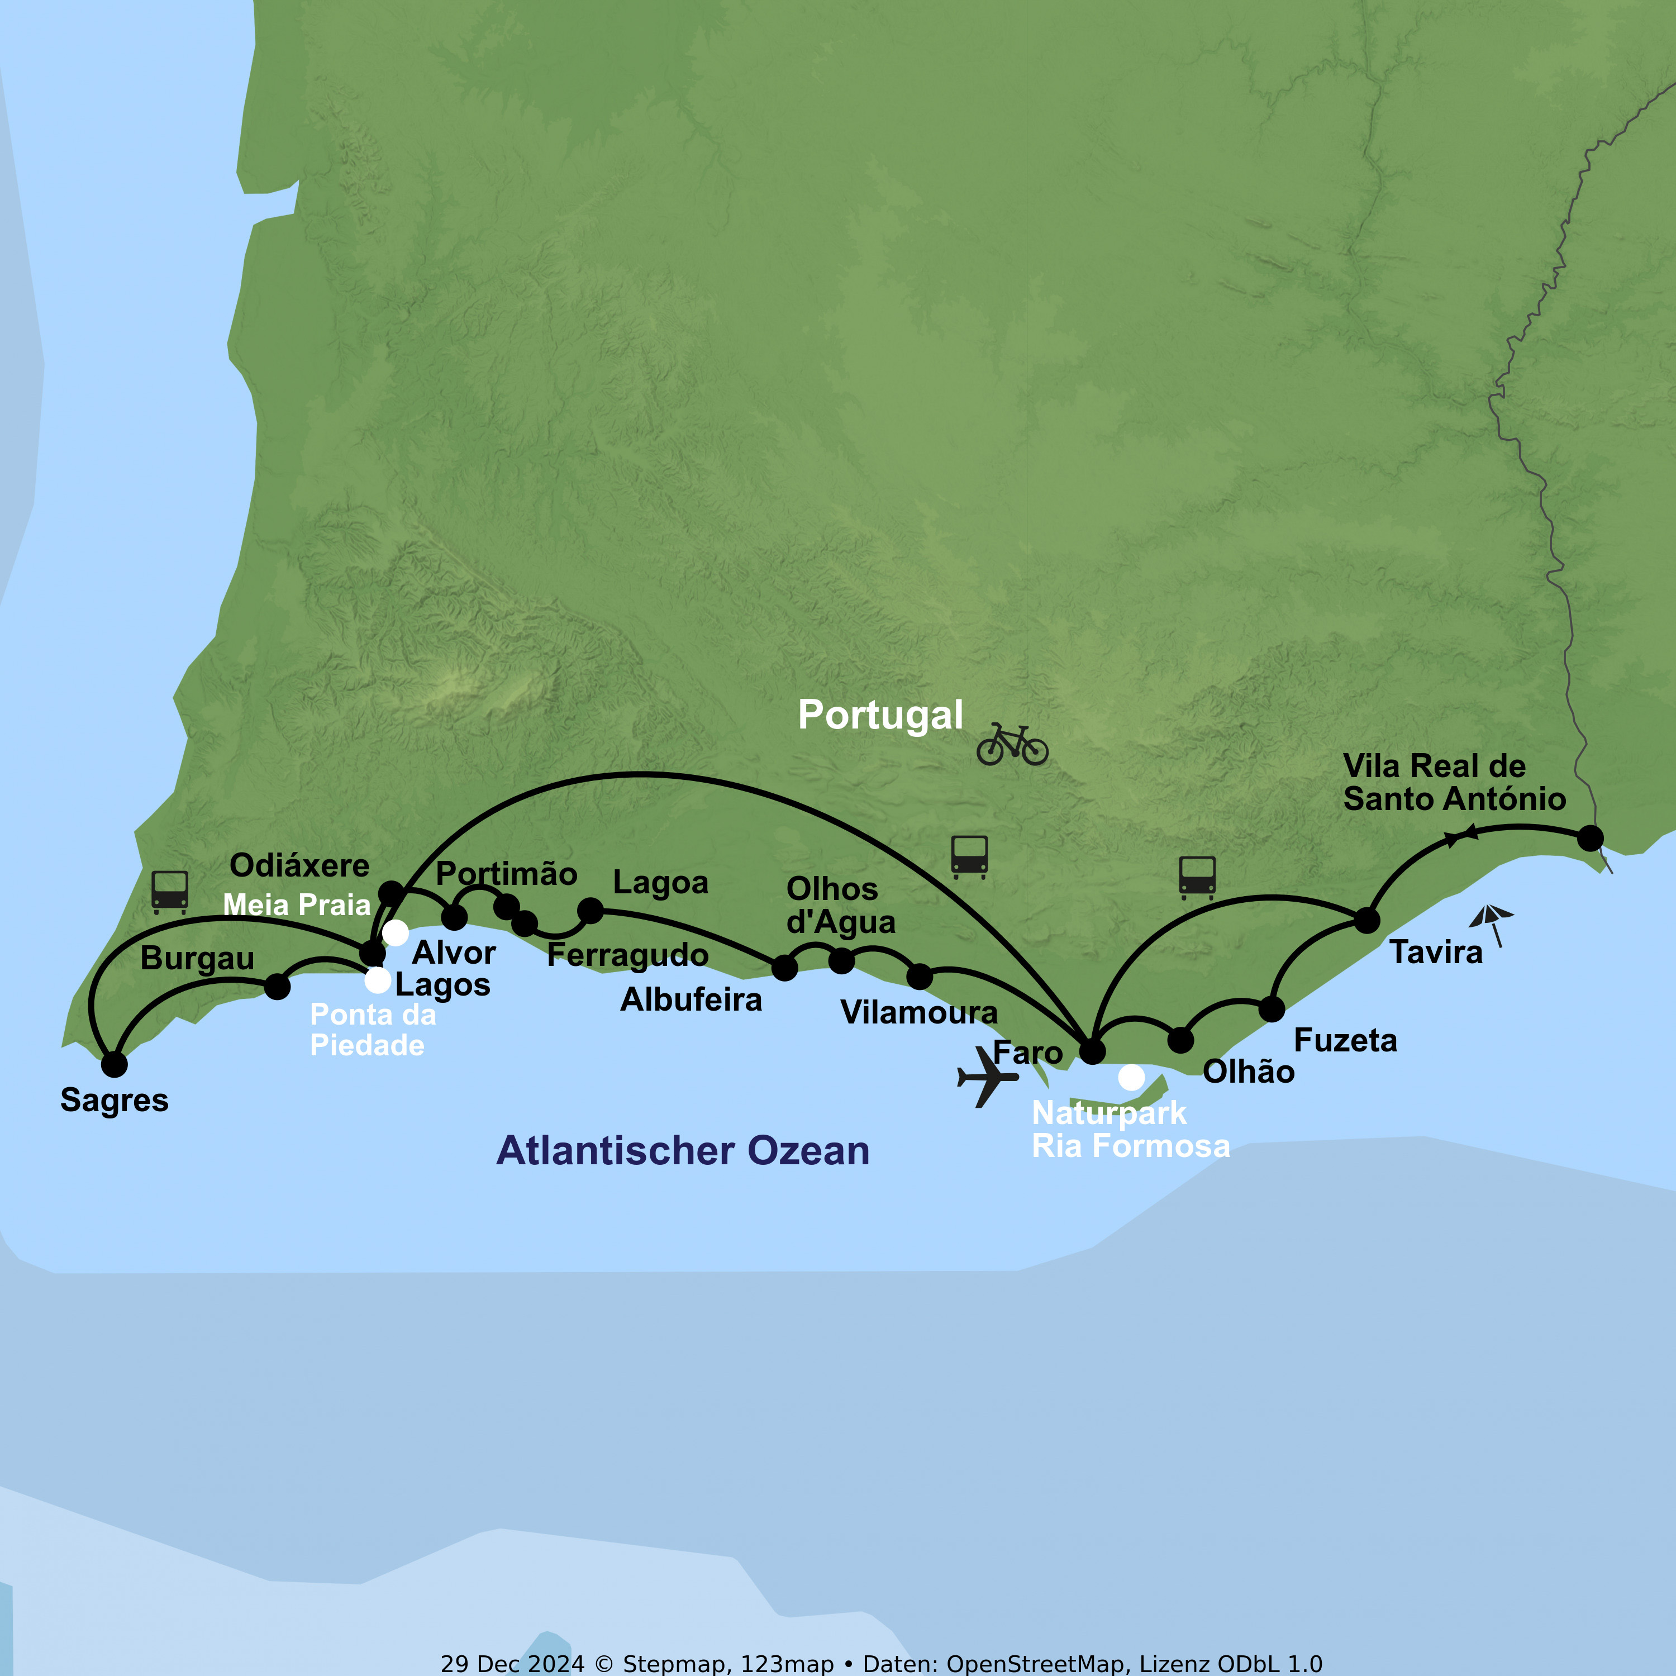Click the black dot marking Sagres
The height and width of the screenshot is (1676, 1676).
click(x=113, y=1064)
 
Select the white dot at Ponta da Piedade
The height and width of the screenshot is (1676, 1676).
click(x=377, y=980)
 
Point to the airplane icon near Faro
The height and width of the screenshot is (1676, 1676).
click(x=987, y=1077)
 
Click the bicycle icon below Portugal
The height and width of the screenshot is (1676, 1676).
click(x=1012, y=745)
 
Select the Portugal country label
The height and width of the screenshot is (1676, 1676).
click(x=880, y=715)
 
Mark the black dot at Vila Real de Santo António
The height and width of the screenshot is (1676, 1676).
click(x=1590, y=838)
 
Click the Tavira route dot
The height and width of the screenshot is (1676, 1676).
click(x=1366, y=921)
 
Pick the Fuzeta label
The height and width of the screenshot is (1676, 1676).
click(x=1345, y=1040)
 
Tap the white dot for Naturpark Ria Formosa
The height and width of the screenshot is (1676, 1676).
click(x=1131, y=1078)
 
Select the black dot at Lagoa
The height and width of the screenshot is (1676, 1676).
click(x=590, y=911)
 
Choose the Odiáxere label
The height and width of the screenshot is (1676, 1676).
click(x=299, y=865)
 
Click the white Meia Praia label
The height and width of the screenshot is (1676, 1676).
click(x=297, y=905)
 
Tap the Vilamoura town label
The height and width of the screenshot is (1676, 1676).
click(x=918, y=1012)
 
